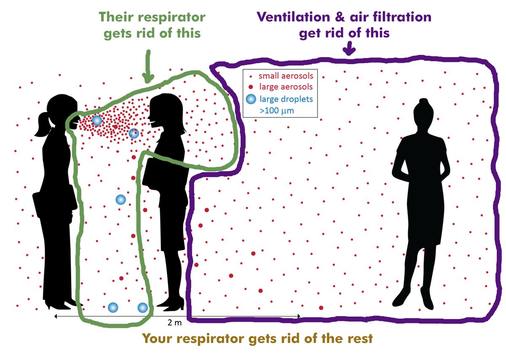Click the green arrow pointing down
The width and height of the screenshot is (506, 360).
click(x=148, y=68)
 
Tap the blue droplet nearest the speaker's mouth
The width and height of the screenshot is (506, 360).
click(x=97, y=121)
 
